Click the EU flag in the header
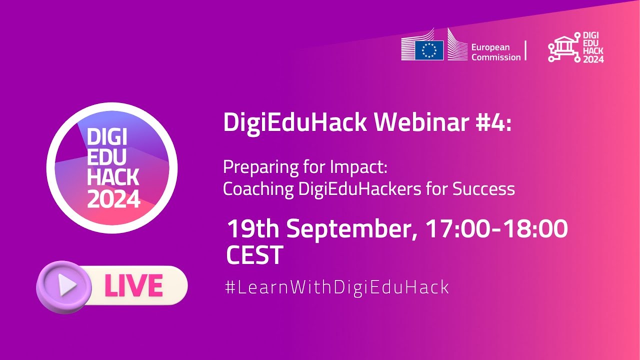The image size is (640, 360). pos(429,50)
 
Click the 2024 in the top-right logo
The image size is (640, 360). pos(593,59)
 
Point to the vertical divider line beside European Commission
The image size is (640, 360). pos(525,50)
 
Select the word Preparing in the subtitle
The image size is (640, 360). pos(254,167)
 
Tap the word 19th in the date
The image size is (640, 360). pos(252,229)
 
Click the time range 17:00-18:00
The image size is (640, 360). pos(496,229)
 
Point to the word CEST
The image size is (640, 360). pos(254,255)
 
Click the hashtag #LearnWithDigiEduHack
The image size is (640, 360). pos(337,287)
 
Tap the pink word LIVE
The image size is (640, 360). pos(133,286)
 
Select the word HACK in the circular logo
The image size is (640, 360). pos(113,177)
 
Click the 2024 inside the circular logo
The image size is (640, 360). pos(113,199)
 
